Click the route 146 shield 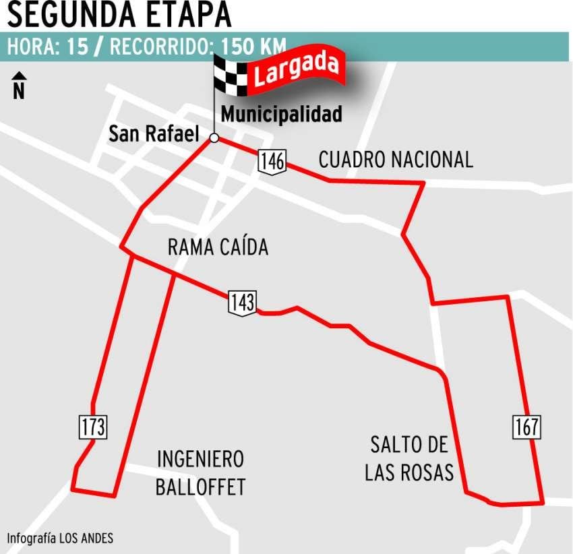pyautogui.click(x=271, y=162)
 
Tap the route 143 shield pyautogui.click(x=242, y=301)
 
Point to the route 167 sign pyautogui.click(x=526, y=427)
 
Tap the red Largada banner pyautogui.click(x=297, y=70)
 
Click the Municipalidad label pyautogui.click(x=281, y=115)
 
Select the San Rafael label pyautogui.click(x=154, y=134)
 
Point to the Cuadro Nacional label pyautogui.click(x=396, y=160)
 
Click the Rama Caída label pyautogui.click(x=218, y=247)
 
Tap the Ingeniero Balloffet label pyautogui.click(x=200, y=473)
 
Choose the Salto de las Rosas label pyautogui.click(x=409, y=458)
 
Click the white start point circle pyautogui.click(x=214, y=138)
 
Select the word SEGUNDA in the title pyautogui.click(x=65, y=14)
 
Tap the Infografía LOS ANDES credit pyautogui.click(x=61, y=538)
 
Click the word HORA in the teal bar pyautogui.click(x=32, y=48)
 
